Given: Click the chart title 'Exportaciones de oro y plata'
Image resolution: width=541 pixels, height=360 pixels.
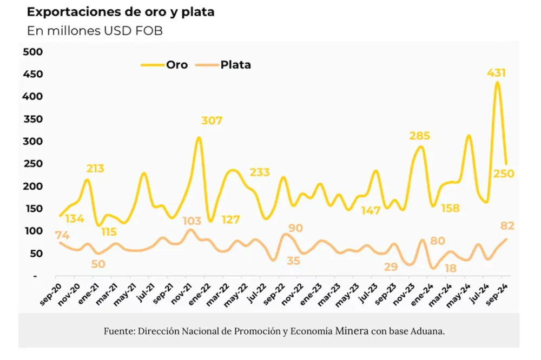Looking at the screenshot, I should click(121, 12).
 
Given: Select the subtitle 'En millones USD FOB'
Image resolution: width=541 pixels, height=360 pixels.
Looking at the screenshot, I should click(95, 31).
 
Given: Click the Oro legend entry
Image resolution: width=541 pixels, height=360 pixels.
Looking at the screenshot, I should click(176, 65).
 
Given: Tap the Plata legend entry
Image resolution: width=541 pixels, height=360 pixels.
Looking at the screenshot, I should click(235, 65).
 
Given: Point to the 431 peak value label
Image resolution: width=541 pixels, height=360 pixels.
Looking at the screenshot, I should click(497, 73).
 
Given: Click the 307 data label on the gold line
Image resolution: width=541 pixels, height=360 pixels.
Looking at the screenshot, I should click(212, 121).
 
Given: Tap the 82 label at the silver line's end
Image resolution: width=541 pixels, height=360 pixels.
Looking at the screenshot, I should click(507, 225).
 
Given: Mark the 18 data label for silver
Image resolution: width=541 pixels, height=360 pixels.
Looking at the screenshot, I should click(450, 268).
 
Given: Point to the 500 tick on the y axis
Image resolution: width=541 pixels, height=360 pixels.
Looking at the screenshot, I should click(32, 51).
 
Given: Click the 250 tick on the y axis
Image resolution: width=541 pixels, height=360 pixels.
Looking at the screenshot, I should click(32, 164).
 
